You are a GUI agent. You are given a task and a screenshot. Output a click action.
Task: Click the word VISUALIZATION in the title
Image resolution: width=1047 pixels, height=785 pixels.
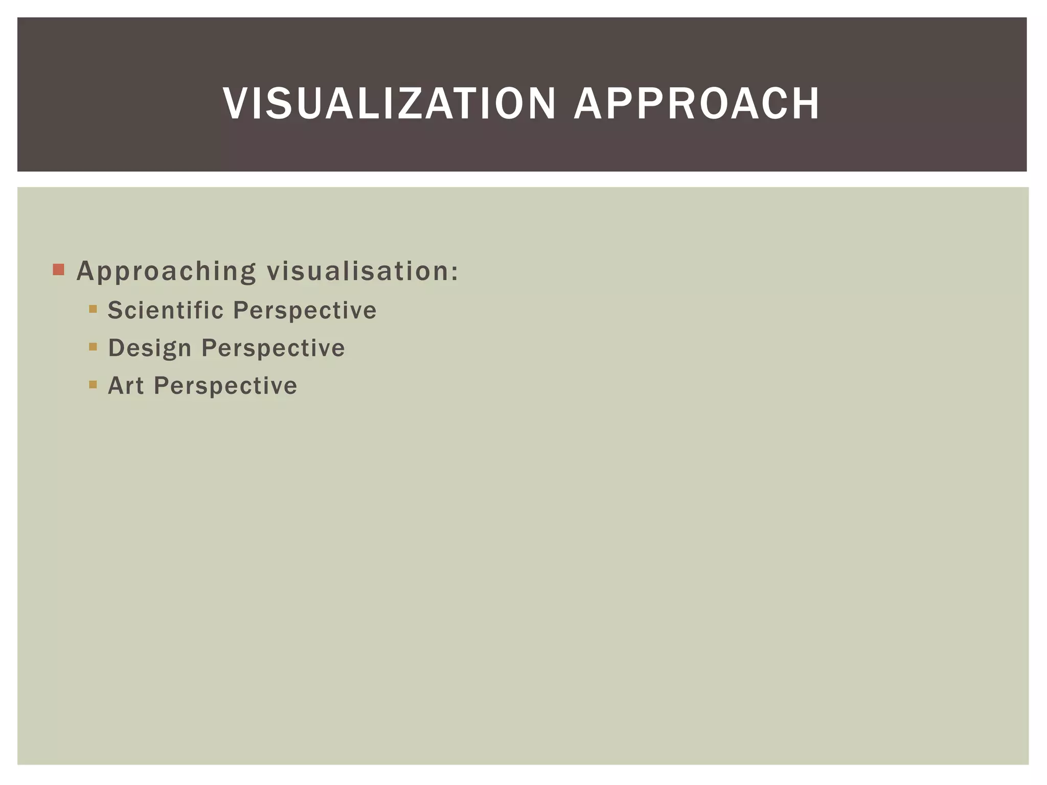tap(389, 104)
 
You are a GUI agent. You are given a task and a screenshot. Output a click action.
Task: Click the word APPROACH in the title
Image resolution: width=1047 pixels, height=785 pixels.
tap(697, 104)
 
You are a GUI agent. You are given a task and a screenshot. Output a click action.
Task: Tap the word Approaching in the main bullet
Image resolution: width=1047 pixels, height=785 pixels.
tap(166, 271)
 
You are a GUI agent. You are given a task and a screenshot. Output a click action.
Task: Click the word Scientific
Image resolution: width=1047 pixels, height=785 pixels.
tap(166, 310)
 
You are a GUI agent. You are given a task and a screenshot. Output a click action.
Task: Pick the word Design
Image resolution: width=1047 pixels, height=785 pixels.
tap(150, 349)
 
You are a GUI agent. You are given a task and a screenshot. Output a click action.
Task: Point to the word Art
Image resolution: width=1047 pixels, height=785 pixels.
tap(126, 386)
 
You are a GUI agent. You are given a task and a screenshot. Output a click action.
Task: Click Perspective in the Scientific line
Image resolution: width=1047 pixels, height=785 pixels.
tap(305, 311)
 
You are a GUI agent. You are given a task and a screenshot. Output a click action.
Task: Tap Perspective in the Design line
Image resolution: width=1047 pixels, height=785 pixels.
tap(273, 349)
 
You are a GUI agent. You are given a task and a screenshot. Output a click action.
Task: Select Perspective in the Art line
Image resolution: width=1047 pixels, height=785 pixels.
tap(225, 386)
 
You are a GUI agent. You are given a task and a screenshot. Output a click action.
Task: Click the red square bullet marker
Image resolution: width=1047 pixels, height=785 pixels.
tap(58, 269)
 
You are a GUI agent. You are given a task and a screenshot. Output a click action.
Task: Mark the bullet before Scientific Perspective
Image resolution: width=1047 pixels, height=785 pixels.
tap(93, 309)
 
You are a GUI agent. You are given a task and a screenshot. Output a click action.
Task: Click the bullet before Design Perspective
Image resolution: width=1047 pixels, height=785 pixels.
tap(93, 347)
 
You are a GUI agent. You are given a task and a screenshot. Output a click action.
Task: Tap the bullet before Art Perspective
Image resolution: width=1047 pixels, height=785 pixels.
tap(93, 384)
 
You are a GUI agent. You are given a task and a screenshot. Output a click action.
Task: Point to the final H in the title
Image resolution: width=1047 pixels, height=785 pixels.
tap(806, 104)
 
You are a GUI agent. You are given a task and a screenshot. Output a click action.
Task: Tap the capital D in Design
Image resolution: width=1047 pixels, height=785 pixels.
tap(116, 348)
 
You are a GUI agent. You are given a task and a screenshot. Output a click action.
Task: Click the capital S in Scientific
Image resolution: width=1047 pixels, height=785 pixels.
tap(116, 310)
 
